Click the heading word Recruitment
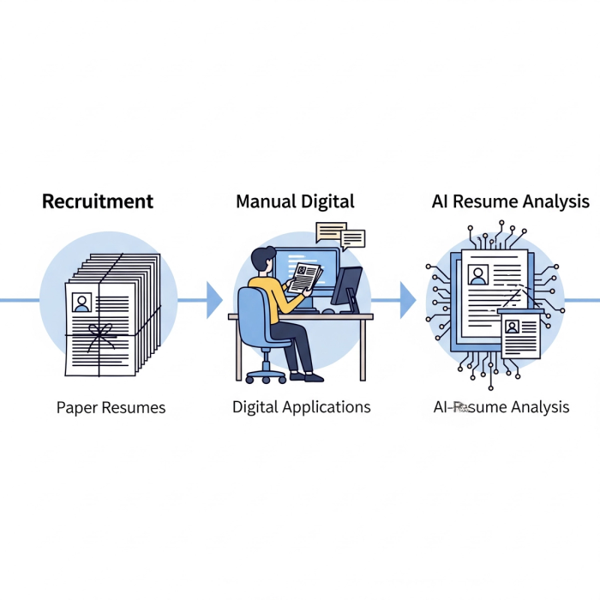tap(98, 202)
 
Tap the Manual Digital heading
tap(295, 202)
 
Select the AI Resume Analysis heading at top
tap(510, 202)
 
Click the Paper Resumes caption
tap(111, 407)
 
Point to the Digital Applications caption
tap(302, 407)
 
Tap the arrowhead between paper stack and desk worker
tap(214, 300)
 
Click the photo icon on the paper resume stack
tap(82, 302)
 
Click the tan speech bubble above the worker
tap(329, 231)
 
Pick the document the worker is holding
tap(305, 277)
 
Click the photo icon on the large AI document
tap(478, 274)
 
